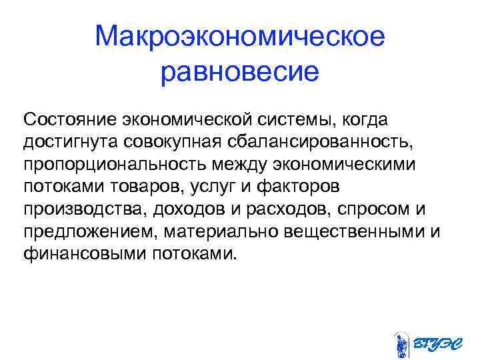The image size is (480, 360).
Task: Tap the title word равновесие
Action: pos(240,71)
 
